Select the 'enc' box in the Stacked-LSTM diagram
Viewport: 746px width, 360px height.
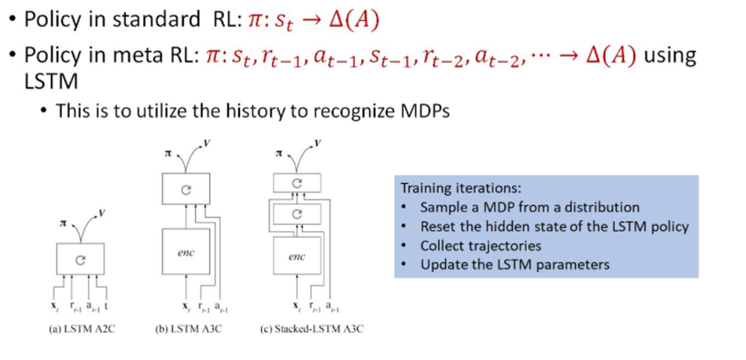point(296,255)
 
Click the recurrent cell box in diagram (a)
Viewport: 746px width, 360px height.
point(81,260)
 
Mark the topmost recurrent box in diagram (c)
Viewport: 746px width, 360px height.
point(296,183)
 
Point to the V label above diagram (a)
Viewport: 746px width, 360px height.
point(102,210)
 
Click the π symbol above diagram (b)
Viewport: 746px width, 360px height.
point(168,154)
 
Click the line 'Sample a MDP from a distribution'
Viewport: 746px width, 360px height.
point(529,208)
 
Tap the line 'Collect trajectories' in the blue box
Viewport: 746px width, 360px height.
point(481,246)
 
